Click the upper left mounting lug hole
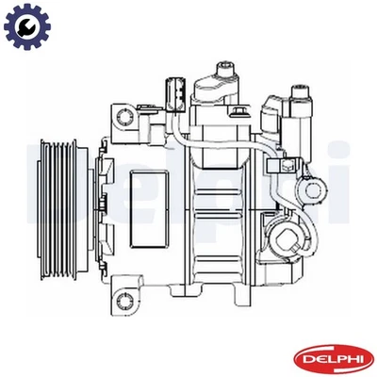(x=122, y=116)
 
